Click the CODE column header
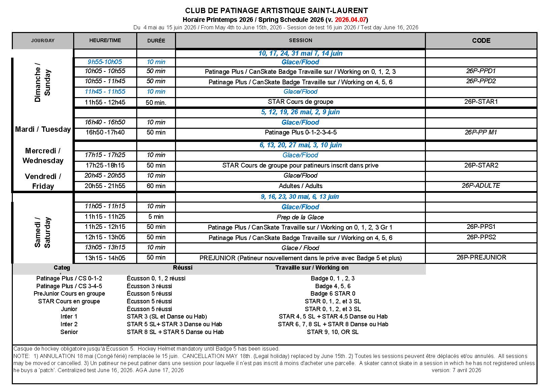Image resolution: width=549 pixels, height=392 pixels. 481,40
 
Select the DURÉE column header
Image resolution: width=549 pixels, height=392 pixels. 156,40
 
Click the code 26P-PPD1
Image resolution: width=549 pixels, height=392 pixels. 481,71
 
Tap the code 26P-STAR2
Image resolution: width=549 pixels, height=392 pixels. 481,165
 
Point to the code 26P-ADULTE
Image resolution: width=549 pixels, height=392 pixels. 481,185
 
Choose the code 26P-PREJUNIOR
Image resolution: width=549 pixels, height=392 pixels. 481,258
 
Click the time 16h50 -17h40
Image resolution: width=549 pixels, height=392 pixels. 105,132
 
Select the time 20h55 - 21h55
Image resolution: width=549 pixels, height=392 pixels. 105,186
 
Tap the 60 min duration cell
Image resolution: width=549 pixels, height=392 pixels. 156,186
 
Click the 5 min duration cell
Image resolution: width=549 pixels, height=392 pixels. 156,217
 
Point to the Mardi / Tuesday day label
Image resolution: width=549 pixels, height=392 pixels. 43,129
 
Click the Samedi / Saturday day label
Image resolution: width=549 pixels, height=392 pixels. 42,232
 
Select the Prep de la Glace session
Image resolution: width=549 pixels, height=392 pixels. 300,217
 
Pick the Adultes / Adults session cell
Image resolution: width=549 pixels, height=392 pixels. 300,186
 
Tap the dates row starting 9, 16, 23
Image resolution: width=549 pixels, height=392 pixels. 300,197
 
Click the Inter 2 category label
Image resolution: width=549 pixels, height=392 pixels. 69,324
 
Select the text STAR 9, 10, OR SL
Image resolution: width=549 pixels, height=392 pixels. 333,332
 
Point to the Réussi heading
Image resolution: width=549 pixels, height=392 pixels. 182,268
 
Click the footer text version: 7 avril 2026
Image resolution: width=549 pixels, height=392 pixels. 456,370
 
